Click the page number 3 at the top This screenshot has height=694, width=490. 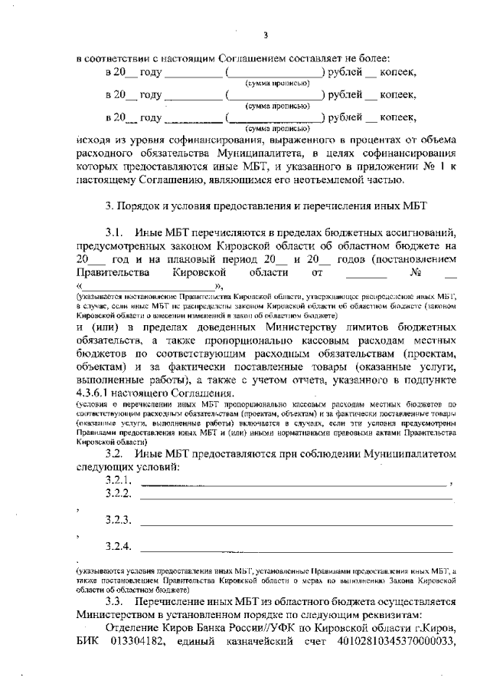click(x=265, y=35)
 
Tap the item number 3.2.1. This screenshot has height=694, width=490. click(x=120, y=481)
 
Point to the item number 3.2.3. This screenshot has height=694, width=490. click(x=120, y=520)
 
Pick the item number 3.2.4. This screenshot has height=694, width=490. click(x=120, y=547)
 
